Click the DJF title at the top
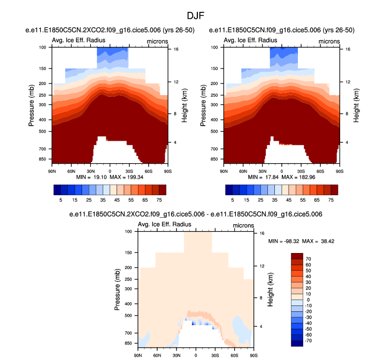pyautogui.click(x=195, y=17)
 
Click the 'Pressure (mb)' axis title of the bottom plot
pyautogui.click(x=117, y=290)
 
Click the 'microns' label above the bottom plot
pyautogui.click(x=243, y=225)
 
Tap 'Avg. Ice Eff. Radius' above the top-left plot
pyautogui.click(x=79, y=41)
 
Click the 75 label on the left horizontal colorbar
pyautogui.click(x=159, y=198)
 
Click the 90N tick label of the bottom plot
pyautogui.click(x=137, y=355)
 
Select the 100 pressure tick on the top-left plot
pyautogui.click(x=43, y=48)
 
